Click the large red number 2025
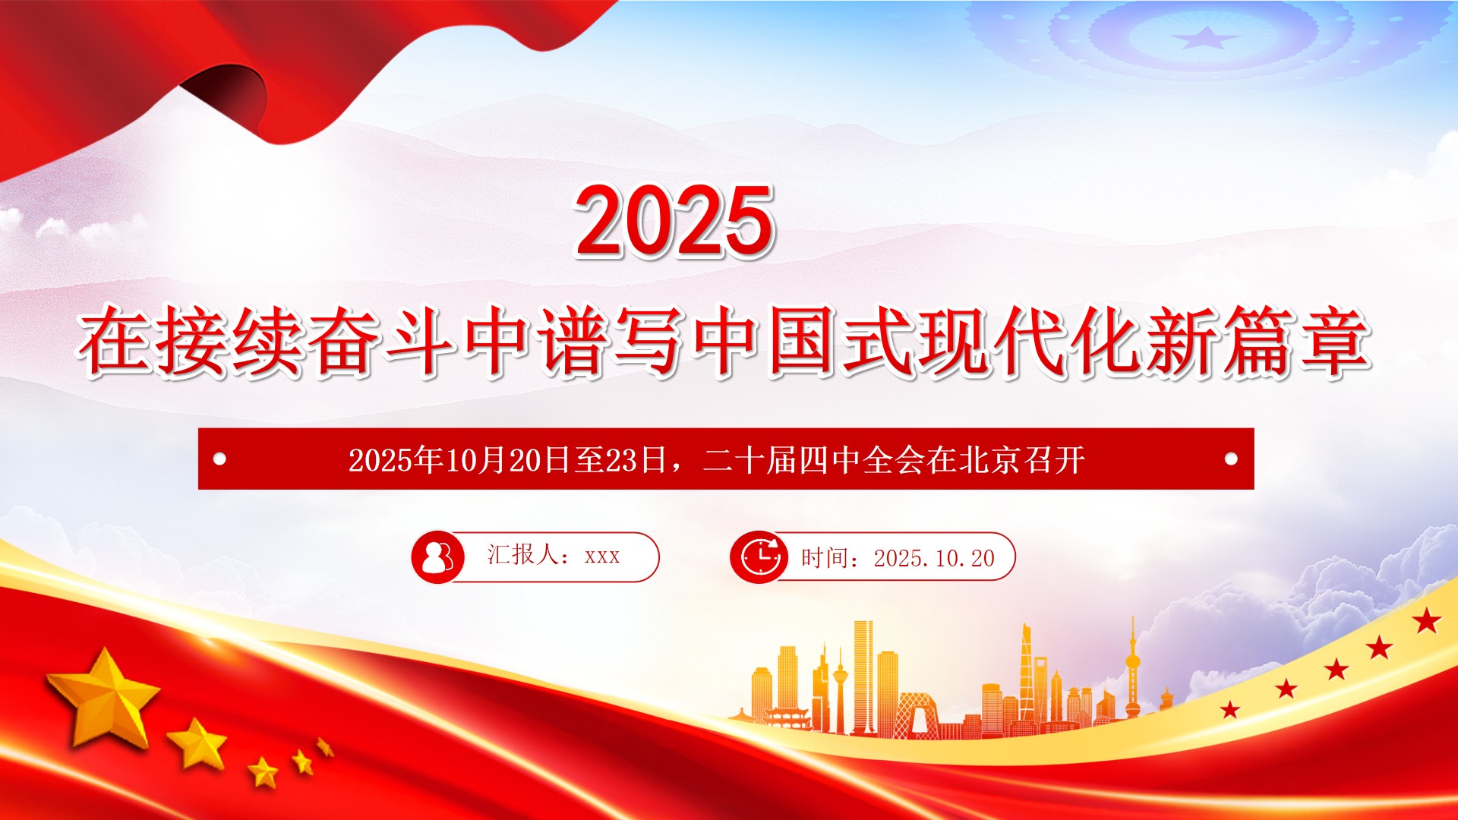674,221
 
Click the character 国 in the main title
803,341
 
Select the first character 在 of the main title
115,341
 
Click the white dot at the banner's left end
220,459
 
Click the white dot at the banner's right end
1232,459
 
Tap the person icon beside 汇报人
437,557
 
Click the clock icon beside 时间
758,557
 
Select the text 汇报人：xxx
554,555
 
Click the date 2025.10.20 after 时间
934,559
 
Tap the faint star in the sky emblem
1204,36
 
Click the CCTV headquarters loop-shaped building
917,714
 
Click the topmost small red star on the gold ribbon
1427,621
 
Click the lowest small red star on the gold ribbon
1230,710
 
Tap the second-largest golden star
197,742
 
